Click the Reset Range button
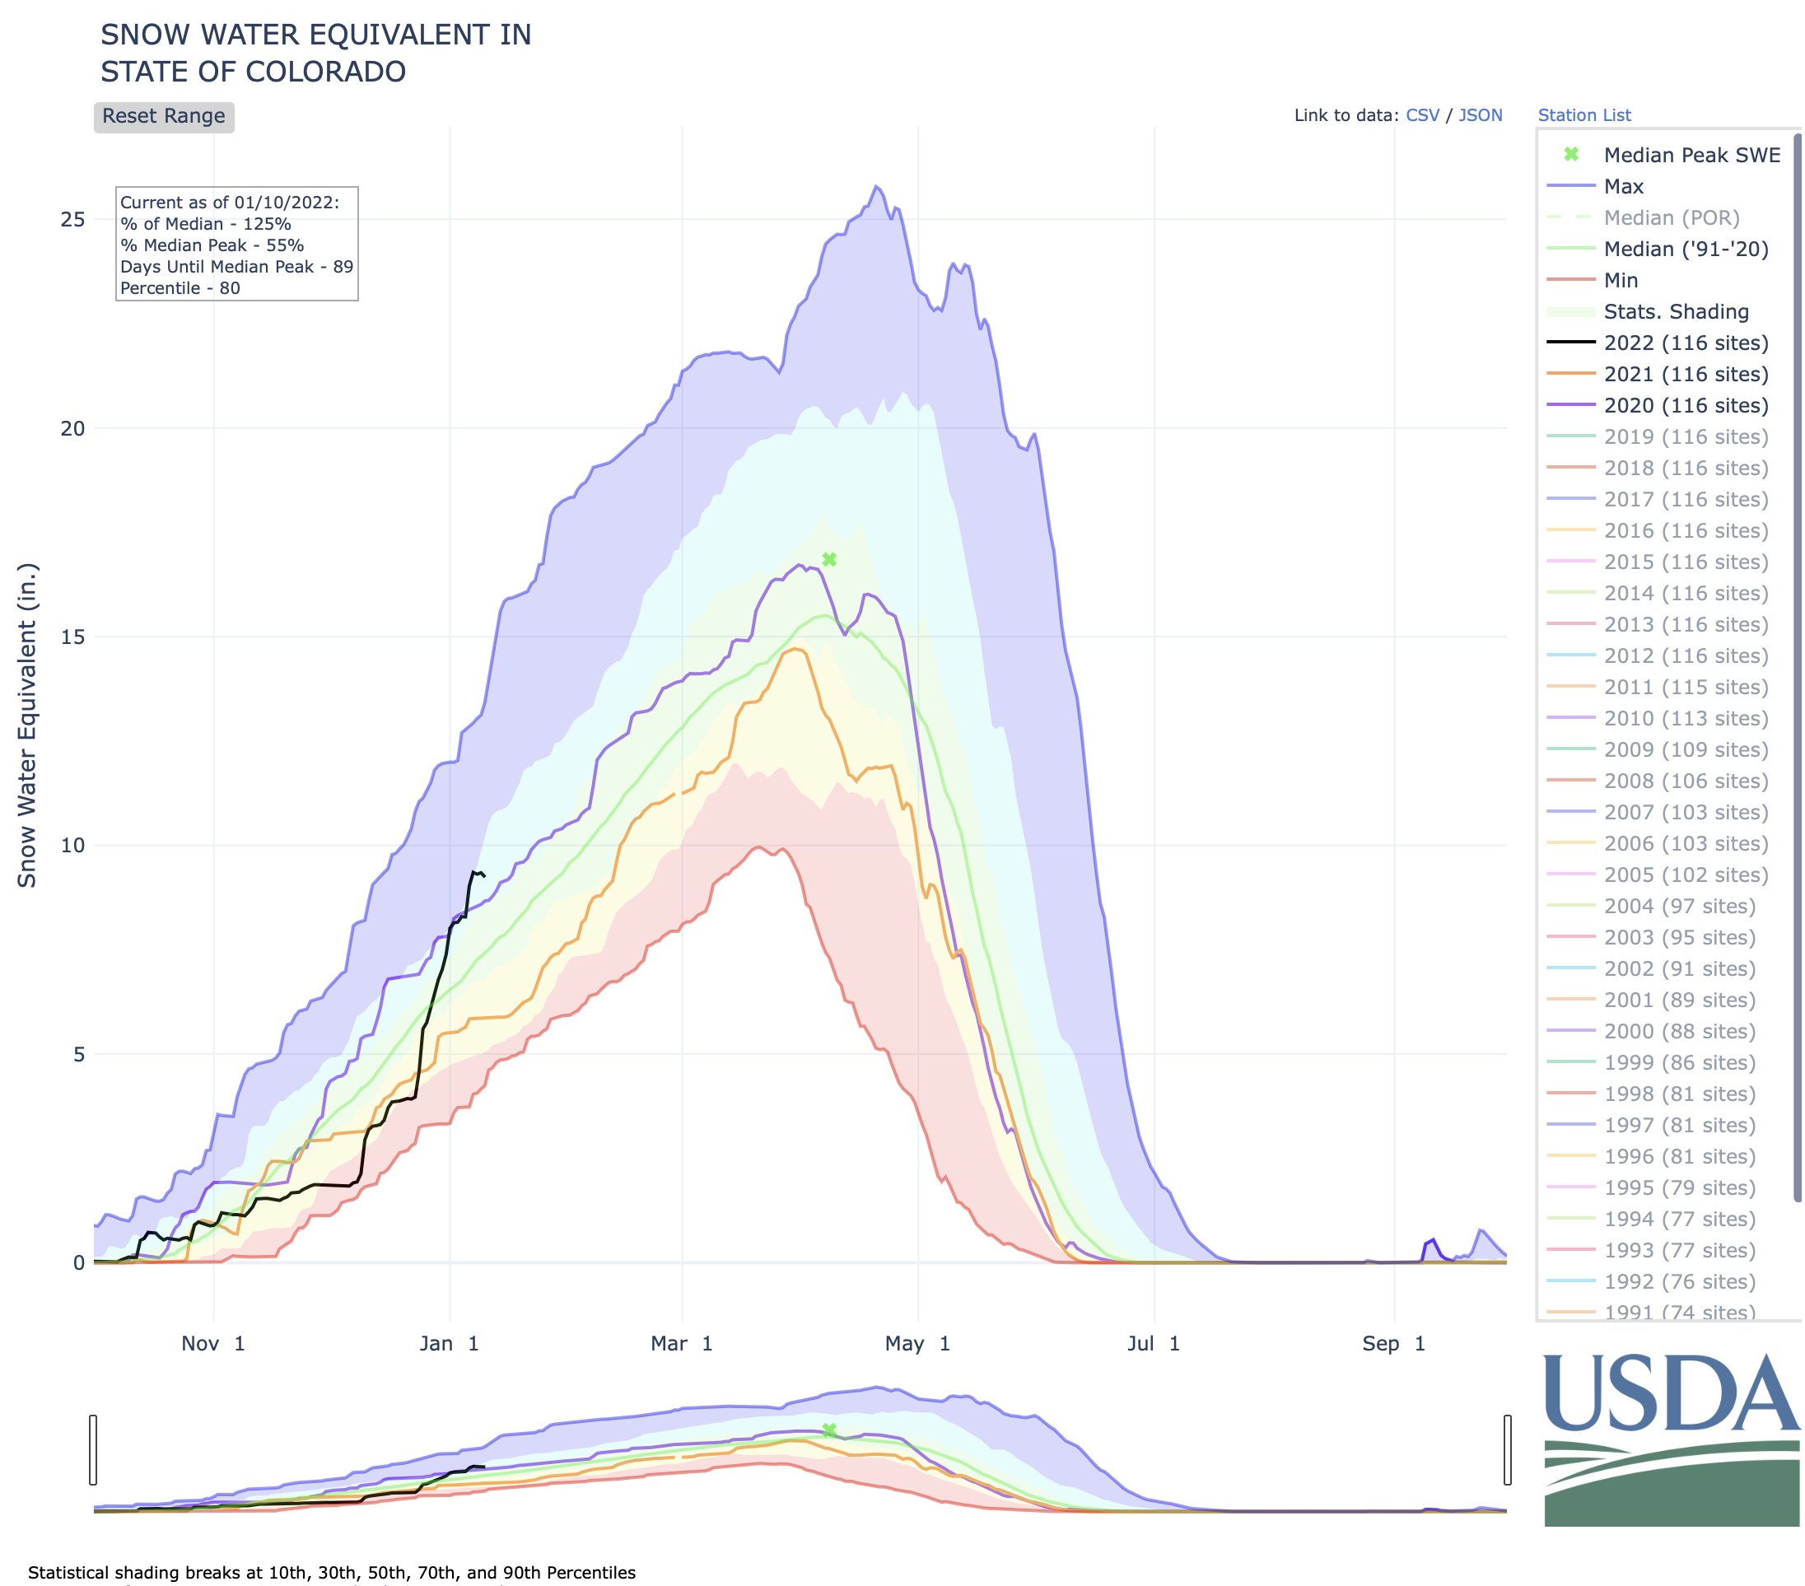pos(163,117)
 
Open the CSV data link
pos(1422,114)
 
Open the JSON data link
pos(1480,114)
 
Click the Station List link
pos(1584,114)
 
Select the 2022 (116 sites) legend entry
pos(1685,343)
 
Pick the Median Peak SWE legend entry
pos(1691,156)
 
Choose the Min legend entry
pos(1621,280)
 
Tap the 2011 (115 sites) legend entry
pos(1685,687)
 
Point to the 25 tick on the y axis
pos(72,219)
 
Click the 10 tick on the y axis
pos(72,845)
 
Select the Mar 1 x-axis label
pos(681,1343)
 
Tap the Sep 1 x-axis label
pos(1393,1343)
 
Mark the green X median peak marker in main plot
pos(829,559)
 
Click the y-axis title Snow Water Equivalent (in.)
pos(27,725)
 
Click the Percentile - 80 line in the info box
pos(180,288)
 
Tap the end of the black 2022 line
pos(484,875)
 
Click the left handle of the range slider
pos(93,1449)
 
